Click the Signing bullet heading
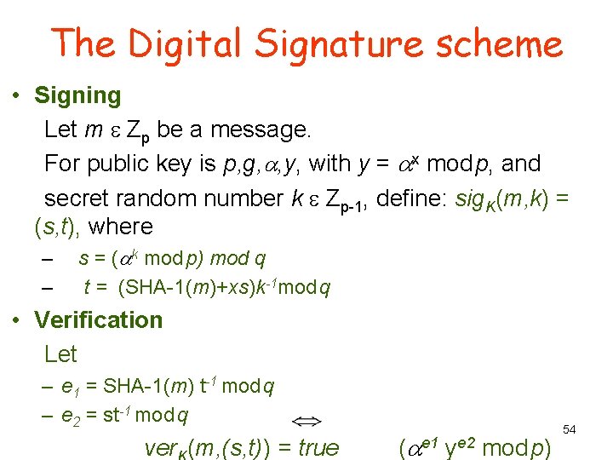click(77, 95)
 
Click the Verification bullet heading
click(98, 320)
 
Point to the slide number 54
click(570, 430)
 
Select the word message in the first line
click(260, 129)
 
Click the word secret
click(78, 198)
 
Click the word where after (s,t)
click(120, 227)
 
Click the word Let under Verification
click(60, 354)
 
